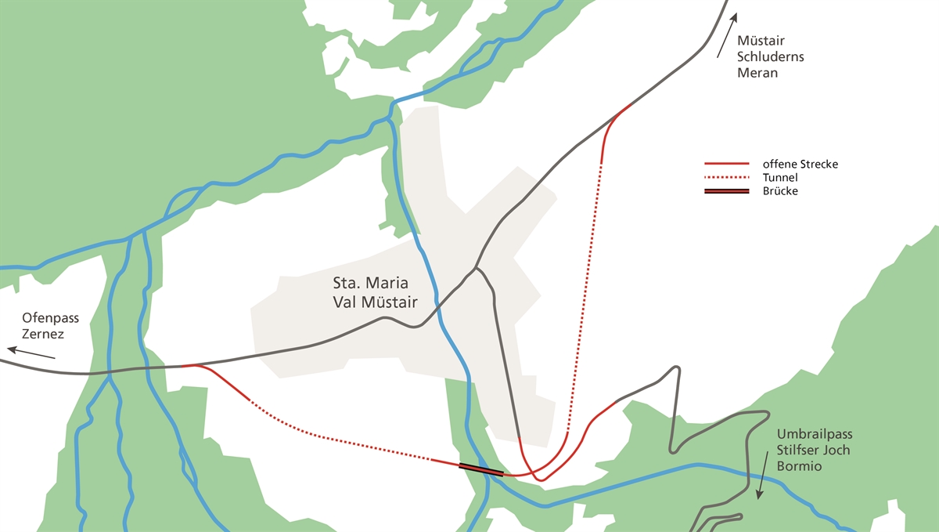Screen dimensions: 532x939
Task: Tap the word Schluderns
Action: tap(771, 57)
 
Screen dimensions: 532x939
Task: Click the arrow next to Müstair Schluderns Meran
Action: tap(725, 38)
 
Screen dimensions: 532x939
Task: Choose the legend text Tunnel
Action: tap(779, 178)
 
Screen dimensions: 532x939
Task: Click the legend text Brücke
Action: tap(780, 191)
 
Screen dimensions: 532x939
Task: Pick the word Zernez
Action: tap(43, 335)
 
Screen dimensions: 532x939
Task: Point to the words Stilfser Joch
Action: tap(813, 451)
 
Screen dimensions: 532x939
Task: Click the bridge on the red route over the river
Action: tap(480, 469)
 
